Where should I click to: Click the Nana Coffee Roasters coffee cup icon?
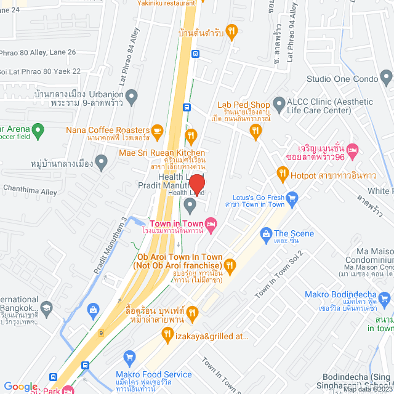point(156,131)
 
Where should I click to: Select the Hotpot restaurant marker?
point(283,175)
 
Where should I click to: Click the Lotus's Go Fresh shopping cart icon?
point(292,198)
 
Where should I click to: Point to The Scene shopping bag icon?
point(266,233)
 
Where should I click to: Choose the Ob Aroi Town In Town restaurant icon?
point(230,265)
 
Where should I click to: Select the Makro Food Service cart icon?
point(129,356)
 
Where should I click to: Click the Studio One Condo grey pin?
point(386,78)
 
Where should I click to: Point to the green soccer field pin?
point(38,130)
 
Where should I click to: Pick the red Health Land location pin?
point(196,182)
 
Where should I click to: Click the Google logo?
point(20,387)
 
